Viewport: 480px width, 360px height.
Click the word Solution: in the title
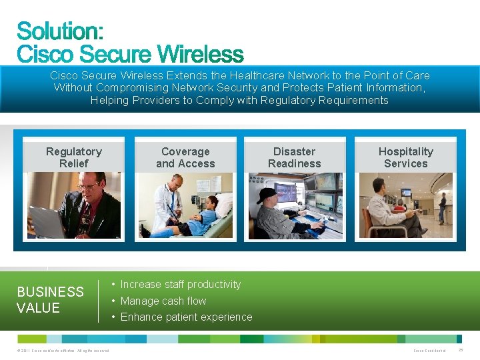coord(60,31)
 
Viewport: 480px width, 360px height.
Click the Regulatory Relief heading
coord(73,157)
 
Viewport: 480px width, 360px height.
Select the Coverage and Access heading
coord(185,157)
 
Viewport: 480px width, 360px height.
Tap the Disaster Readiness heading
coord(294,157)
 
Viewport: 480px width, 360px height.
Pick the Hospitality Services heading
coord(405,157)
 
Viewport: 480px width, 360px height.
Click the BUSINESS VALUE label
coord(50,300)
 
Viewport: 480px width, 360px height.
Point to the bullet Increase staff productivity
coord(180,285)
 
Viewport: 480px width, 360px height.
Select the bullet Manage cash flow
coord(163,301)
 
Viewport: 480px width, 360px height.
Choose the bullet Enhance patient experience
coord(186,317)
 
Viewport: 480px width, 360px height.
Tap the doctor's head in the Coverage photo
coord(175,183)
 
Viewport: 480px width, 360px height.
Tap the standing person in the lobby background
coord(442,207)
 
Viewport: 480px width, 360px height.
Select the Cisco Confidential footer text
coord(429,351)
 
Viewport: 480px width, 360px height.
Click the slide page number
coord(461,350)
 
